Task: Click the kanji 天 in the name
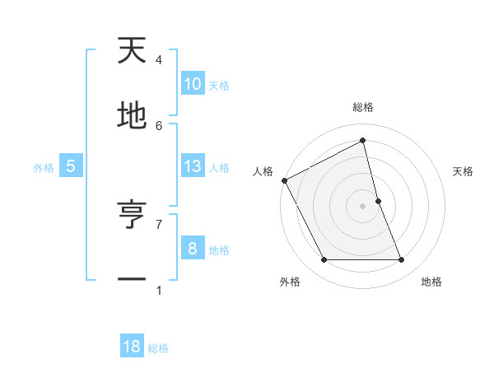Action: [x=132, y=52]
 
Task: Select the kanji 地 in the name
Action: [x=132, y=117]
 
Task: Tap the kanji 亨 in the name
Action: [x=132, y=216]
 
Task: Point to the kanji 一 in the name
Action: [x=132, y=281]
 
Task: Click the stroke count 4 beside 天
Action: [x=159, y=59]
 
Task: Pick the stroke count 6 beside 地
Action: [x=159, y=125]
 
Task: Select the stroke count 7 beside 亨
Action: [x=159, y=223]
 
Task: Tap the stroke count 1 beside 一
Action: [x=159, y=289]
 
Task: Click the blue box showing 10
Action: [x=192, y=84]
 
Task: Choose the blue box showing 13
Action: [x=192, y=166]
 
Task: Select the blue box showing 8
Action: [x=192, y=248]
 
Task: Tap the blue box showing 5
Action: [x=71, y=166]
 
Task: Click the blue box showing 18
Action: [x=132, y=347]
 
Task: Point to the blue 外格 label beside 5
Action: [x=44, y=167]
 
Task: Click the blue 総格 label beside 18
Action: [x=158, y=348]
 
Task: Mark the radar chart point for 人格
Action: [x=284, y=180]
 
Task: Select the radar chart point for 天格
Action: [x=378, y=201]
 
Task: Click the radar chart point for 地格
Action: [x=401, y=260]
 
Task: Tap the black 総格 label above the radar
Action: [x=362, y=107]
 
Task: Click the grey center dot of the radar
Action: [x=362, y=206]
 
